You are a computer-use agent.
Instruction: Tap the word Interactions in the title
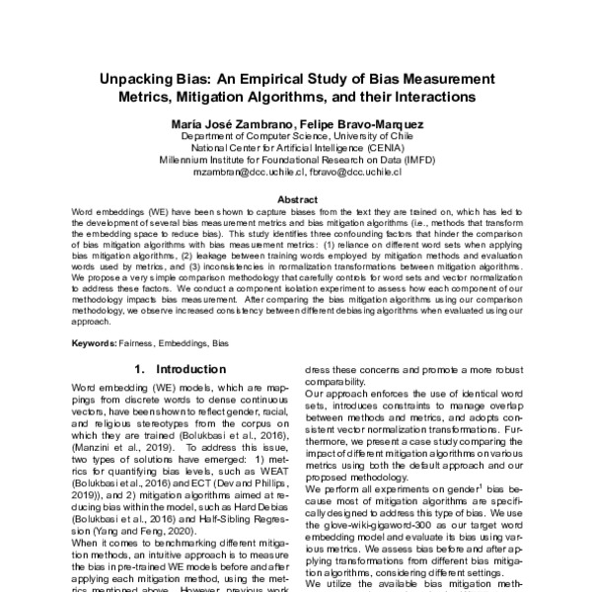(430, 97)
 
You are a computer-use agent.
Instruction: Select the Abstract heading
(295, 197)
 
